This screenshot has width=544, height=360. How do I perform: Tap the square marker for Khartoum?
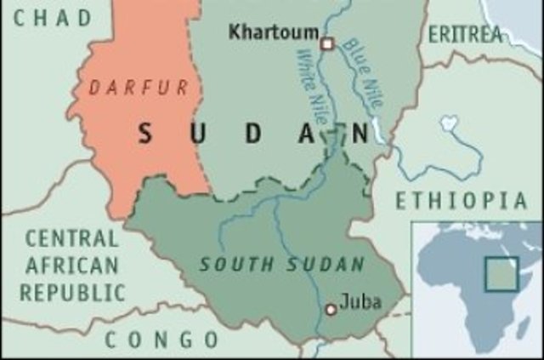coord(326,43)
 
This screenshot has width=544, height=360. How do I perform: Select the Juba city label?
coord(360,301)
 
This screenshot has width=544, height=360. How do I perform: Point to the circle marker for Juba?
coord(331,309)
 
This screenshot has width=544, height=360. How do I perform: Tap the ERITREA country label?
coord(465,34)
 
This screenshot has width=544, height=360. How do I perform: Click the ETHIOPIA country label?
coord(462,201)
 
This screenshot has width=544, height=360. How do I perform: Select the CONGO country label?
coord(161,340)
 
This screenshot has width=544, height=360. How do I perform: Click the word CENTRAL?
coord(71,239)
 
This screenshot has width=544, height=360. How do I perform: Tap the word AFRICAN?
coord(72,266)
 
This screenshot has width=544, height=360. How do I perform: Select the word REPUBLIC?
coord(72,293)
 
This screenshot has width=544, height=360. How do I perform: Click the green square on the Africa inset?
coord(501,274)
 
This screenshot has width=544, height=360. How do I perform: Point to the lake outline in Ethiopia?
coord(448,128)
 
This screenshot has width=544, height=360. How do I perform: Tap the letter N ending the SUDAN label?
coord(360,134)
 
